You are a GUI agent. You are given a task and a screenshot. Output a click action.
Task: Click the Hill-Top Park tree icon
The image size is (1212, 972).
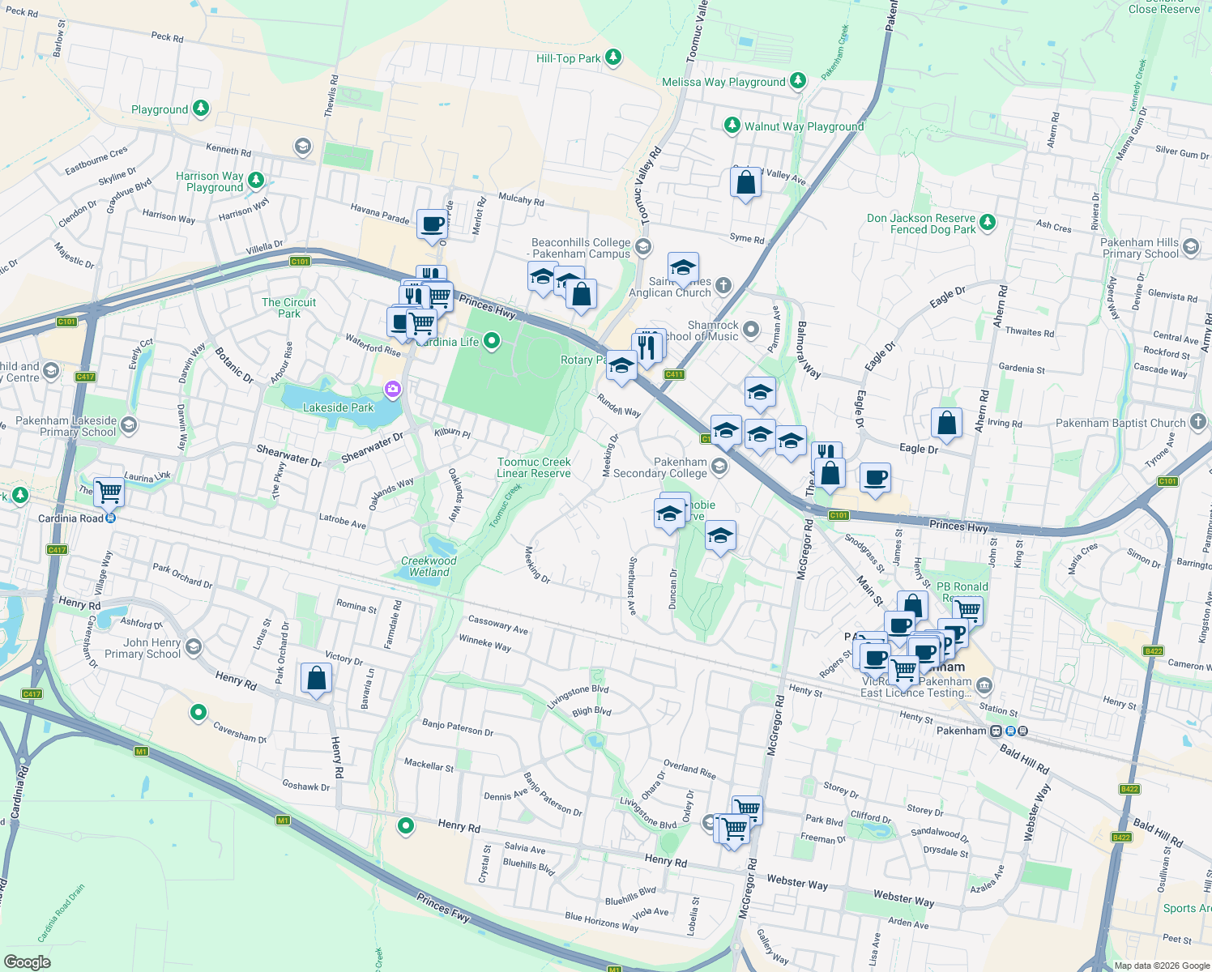[613, 57]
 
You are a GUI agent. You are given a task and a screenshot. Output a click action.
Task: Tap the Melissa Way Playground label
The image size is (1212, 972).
[723, 82]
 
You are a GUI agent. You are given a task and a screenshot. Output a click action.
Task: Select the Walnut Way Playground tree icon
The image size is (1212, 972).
[732, 125]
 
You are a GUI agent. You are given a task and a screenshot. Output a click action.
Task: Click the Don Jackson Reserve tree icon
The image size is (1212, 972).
[987, 222]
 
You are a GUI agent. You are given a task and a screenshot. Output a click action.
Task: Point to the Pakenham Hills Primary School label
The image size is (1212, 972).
[1139, 248]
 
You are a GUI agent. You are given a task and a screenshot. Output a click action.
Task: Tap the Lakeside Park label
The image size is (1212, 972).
[338, 407]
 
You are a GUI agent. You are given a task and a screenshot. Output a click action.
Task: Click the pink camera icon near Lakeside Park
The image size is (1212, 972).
[393, 390]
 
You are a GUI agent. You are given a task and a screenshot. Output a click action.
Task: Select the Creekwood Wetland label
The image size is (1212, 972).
[429, 566]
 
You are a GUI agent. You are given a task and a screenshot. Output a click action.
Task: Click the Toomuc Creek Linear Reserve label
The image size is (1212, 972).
[534, 467]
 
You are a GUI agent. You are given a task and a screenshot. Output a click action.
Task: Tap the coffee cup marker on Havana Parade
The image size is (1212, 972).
[433, 224]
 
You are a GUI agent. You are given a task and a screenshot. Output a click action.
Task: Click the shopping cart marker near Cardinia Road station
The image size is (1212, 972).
[109, 491]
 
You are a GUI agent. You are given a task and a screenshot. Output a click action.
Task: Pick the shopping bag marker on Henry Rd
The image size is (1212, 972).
[316, 679]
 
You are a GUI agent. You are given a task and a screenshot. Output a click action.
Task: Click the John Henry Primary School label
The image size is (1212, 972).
[143, 648]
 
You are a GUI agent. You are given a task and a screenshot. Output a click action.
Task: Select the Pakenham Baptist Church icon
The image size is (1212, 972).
[1197, 422]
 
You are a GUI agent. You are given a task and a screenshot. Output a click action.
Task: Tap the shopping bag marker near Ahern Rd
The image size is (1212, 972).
[946, 423]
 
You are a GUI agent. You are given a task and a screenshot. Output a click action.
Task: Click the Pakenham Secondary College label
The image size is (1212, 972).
[660, 467]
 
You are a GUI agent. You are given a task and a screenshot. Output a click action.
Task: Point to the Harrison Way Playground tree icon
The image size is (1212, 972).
[256, 180]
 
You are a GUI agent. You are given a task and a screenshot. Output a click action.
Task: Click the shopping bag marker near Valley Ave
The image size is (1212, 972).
[745, 183]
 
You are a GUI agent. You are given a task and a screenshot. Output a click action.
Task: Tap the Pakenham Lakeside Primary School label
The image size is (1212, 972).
[78, 426]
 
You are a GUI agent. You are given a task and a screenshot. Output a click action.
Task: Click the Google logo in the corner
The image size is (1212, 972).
[27, 961]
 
